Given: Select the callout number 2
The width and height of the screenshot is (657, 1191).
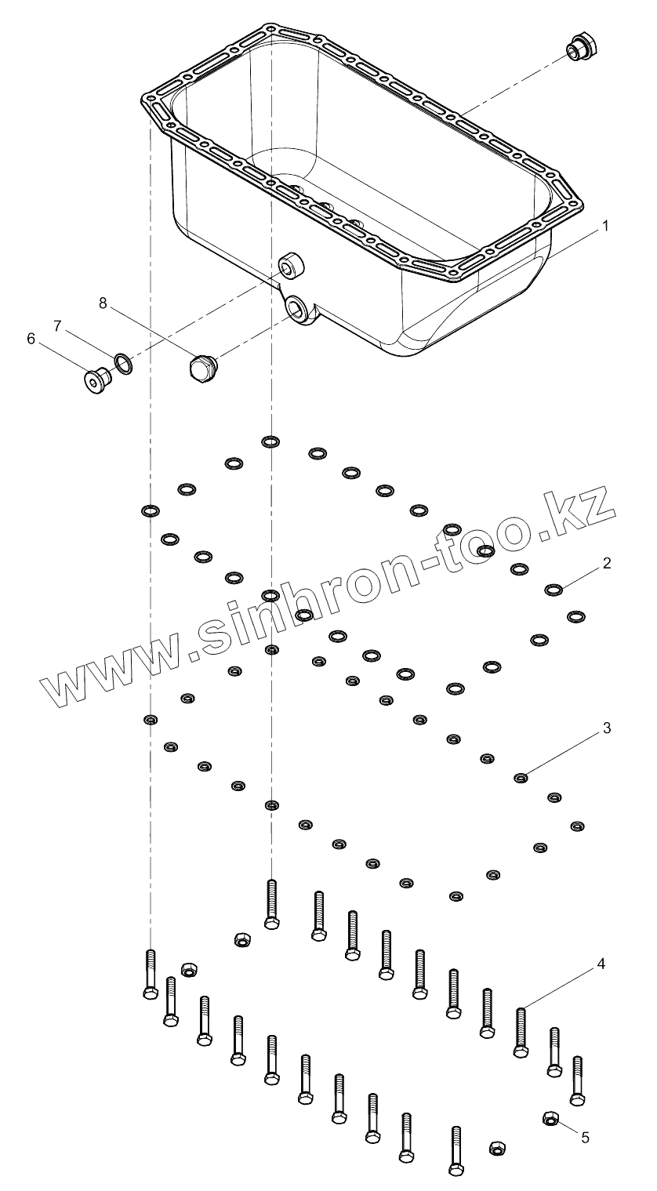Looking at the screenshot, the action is pos(606,563).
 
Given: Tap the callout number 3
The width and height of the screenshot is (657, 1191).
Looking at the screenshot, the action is pos(606,728).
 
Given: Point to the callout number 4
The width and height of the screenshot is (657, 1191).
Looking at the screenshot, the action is pos(601,964).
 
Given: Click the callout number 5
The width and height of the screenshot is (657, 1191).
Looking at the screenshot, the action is pos(585,1135).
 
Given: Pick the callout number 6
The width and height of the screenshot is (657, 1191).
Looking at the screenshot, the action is pos(31,339).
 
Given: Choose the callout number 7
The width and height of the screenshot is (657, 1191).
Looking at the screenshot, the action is pos(56,324).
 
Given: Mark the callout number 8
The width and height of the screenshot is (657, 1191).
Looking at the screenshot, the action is pos(103,303).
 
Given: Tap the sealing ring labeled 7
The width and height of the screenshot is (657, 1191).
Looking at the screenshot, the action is pos(123,361).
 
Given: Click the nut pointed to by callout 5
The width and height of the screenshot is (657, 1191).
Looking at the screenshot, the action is pos(550,1117).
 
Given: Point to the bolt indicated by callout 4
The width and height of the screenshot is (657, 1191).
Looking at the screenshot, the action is pos(520,1033).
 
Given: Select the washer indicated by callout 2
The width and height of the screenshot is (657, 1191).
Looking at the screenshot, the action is pos(553,589).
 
